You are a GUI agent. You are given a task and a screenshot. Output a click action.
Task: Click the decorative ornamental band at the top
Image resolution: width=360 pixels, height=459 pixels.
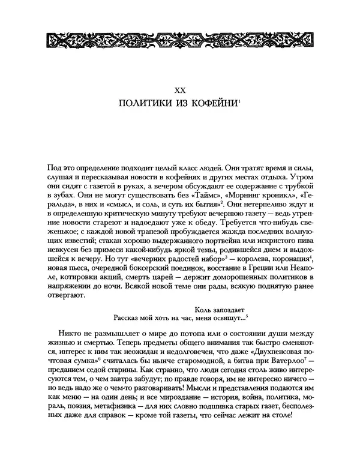coord(179,41)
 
